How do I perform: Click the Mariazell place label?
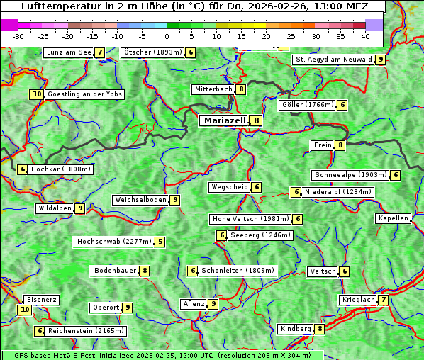[x=225, y=120]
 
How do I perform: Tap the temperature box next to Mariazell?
[x=256, y=120]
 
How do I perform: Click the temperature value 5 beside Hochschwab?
[x=161, y=242]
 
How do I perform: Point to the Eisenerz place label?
[x=41, y=300]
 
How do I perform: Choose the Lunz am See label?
[x=68, y=52]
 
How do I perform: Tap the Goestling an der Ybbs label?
[x=84, y=94]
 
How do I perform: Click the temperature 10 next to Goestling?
[x=37, y=94]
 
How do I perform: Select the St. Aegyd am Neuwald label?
[x=333, y=60]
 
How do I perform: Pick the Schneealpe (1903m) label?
[x=350, y=175]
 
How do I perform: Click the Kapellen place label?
[x=393, y=218]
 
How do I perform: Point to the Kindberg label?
[x=296, y=329]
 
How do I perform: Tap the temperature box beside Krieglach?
[x=384, y=300]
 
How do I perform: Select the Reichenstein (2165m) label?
[x=87, y=331]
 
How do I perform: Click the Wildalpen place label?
[x=55, y=208]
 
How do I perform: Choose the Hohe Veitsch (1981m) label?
[x=251, y=219]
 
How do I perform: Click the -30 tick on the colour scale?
[x=18, y=36]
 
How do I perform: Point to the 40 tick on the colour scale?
[x=365, y=36]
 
